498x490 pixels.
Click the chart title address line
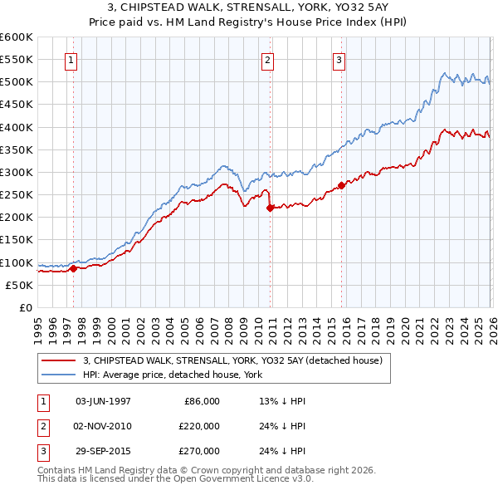[x=248, y=7]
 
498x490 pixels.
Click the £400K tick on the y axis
[x=17, y=127]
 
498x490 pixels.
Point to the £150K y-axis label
[x=17, y=240]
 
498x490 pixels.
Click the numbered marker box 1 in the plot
[x=71, y=60]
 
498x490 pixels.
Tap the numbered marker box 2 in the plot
[x=268, y=60]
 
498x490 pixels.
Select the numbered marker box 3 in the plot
[x=339, y=60]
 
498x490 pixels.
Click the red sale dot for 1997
[x=73, y=268]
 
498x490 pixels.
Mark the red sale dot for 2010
[x=270, y=208]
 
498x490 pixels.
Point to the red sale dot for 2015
[x=341, y=186]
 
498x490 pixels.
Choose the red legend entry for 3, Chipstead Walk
[x=232, y=360]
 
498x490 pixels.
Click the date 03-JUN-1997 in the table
[x=103, y=401]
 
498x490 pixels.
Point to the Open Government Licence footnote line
[x=176, y=479]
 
